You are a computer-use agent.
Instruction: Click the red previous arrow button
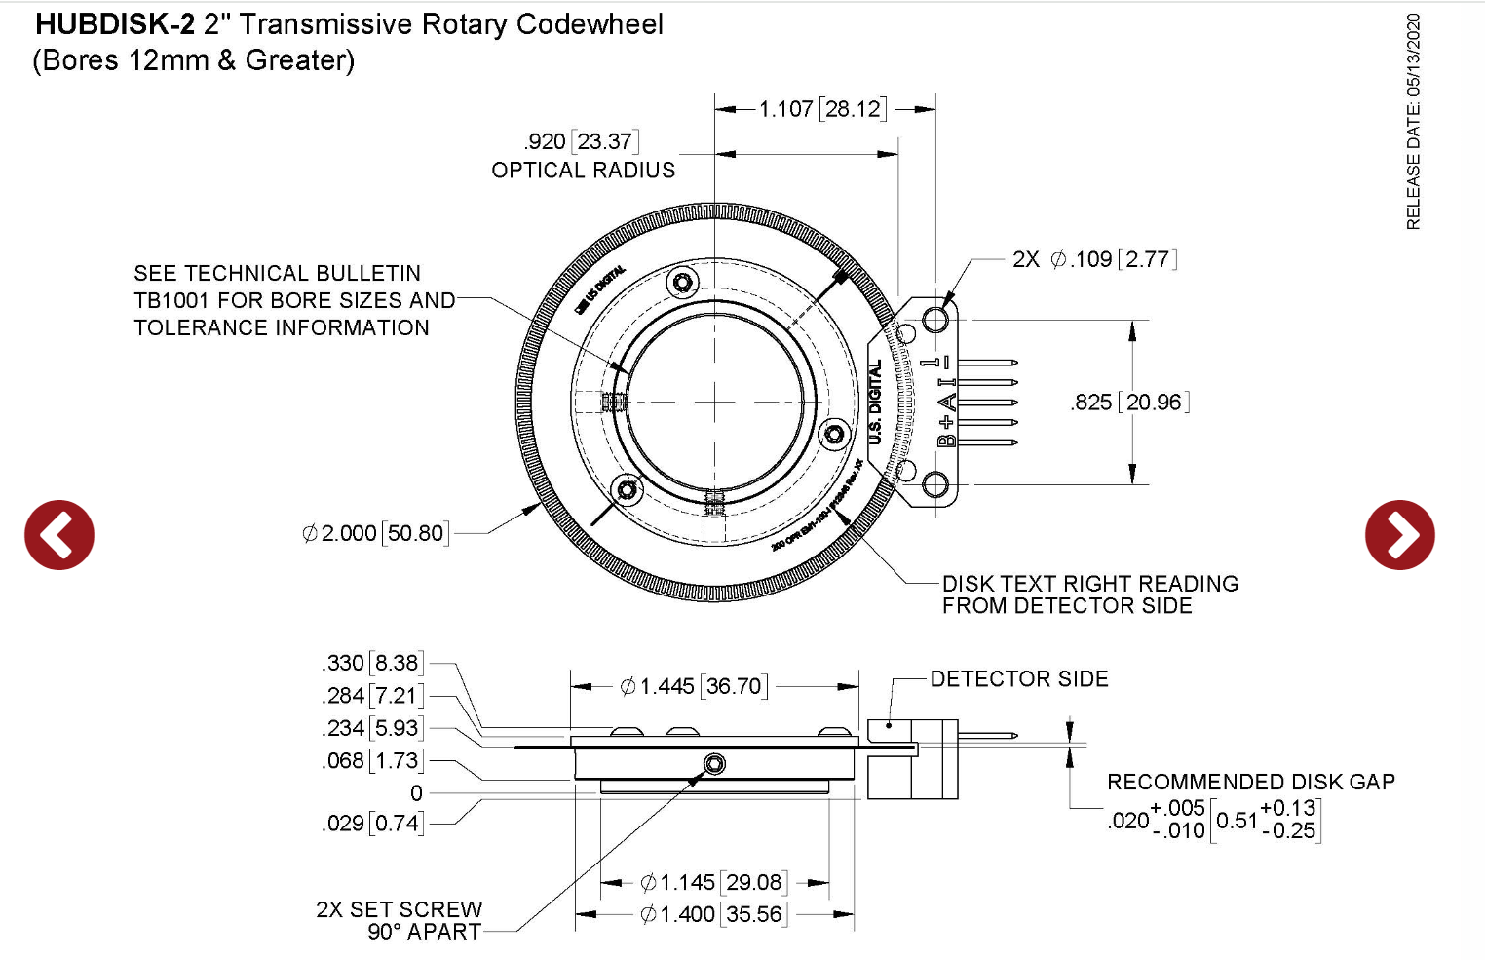pyautogui.click(x=59, y=535)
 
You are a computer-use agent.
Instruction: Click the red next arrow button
pyautogui.click(x=1399, y=535)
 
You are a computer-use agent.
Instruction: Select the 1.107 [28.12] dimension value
pyautogui.click(x=822, y=109)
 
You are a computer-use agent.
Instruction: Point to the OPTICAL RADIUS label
pyautogui.click(x=583, y=171)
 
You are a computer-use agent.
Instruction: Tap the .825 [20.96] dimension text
pyautogui.click(x=1129, y=403)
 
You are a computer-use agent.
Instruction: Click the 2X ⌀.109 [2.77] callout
pyautogui.click(x=1094, y=259)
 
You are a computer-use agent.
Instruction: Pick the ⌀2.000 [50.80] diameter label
pyautogui.click(x=375, y=534)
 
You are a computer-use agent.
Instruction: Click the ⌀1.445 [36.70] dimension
pyautogui.click(x=694, y=687)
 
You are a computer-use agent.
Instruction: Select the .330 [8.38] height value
pyautogui.click(x=371, y=664)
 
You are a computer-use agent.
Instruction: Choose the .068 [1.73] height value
pyautogui.click(x=371, y=761)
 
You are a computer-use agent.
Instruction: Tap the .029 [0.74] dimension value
pyautogui.click(x=371, y=824)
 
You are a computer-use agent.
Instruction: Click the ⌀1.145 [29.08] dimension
pyautogui.click(x=713, y=883)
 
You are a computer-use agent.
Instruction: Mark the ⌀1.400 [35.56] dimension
pyautogui.click(x=713, y=915)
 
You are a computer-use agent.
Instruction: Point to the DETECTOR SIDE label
pyautogui.click(x=1018, y=679)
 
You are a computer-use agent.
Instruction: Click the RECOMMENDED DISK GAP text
pyautogui.click(x=1250, y=783)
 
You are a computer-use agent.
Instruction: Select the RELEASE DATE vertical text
pyautogui.click(x=1413, y=122)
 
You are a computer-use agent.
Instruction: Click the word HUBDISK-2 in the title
pyautogui.click(x=115, y=24)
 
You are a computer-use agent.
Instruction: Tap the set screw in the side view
pyautogui.click(x=714, y=764)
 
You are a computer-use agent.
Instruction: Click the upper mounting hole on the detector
pyautogui.click(x=935, y=319)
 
